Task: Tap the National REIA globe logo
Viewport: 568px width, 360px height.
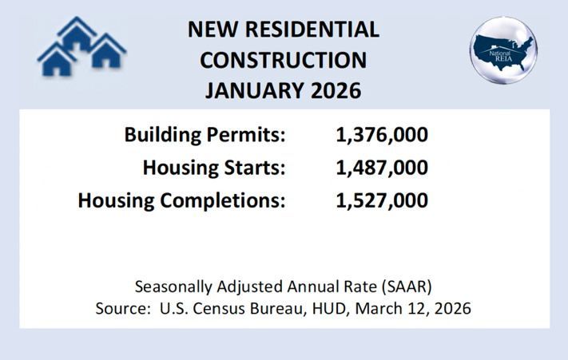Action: coord(503,49)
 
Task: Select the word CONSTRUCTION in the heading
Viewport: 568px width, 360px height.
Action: coord(283,60)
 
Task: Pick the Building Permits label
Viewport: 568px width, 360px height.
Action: coord(205,134)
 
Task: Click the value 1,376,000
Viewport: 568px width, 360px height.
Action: coord(382,134)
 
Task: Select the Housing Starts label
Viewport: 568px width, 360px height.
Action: coord(214,168)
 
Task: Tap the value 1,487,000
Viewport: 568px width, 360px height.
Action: coord(382,168)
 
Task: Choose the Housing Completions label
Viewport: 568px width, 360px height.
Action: coord(181,200)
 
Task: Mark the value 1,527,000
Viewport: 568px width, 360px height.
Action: coord(382,200)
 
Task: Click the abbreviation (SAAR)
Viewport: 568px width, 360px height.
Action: coord(409,286)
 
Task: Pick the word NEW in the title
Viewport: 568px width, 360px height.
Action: coord(211,30)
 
